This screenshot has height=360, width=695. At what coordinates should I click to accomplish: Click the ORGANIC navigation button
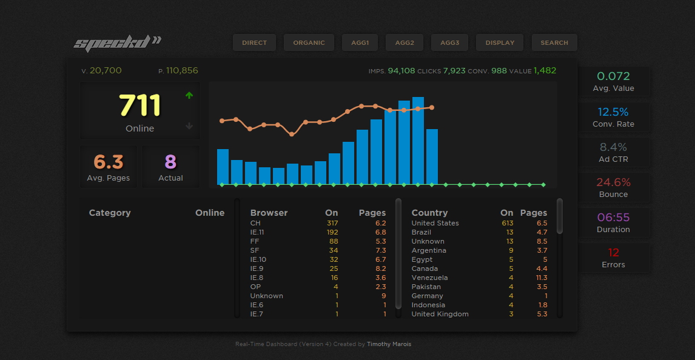(x=309, y=42)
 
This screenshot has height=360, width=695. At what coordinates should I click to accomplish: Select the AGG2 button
(x=405, y=42)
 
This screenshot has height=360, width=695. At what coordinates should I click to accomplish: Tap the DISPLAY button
(x=500, y=42)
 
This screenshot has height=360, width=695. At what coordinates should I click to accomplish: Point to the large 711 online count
(x=139, y=105)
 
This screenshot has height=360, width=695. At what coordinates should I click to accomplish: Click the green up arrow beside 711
(x=189, y=95)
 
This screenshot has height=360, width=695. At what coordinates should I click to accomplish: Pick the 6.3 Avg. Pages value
(x=108, y=162)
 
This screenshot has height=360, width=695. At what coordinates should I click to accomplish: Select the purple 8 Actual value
(x=170, y=162)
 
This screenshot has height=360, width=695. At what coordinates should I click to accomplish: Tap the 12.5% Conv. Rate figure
(x=613, y=112)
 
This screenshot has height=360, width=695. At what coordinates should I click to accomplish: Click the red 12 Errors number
(x=613, y=253)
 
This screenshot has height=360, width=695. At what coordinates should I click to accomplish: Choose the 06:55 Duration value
(x=613, y=218)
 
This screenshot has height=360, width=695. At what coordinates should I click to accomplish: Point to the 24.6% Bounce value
(x=613, y=182)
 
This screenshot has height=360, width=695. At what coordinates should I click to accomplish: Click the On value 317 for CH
(x=332, y=223)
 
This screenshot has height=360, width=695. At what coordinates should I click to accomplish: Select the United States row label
(x=435, y=223)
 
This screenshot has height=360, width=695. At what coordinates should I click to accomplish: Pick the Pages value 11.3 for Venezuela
(x=542, y=278)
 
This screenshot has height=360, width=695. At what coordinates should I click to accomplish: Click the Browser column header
(x=269, y=213)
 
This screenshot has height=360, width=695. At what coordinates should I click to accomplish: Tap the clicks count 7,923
(x=454, y=71)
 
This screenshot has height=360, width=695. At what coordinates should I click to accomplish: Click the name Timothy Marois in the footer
(x=389, y=344)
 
